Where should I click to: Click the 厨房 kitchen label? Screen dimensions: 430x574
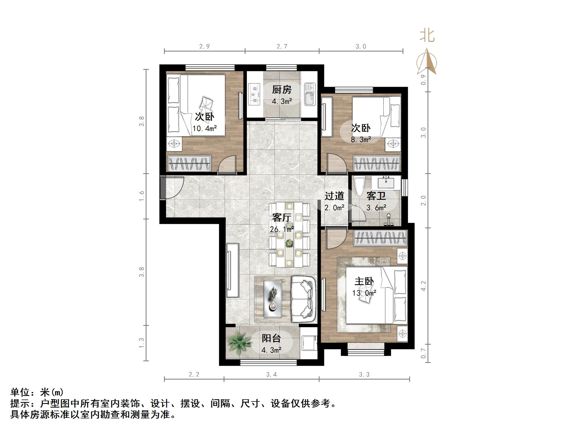(282, 90)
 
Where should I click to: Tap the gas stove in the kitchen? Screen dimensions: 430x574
(255, 94)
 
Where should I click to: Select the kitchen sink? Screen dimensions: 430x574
(310, 94)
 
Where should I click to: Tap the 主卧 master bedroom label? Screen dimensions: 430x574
(364, 281)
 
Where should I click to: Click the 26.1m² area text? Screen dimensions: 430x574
(282, 229)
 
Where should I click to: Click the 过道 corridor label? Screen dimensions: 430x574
(334, 196)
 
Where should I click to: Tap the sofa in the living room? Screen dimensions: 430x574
(304, 299)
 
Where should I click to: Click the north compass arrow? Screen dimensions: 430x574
(427, 62)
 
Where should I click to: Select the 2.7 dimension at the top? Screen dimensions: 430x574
(282, 46)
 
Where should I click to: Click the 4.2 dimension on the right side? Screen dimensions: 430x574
(423, 286)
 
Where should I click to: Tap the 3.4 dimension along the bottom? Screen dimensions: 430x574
(271, 375)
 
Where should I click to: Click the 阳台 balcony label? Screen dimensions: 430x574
(271, 338)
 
